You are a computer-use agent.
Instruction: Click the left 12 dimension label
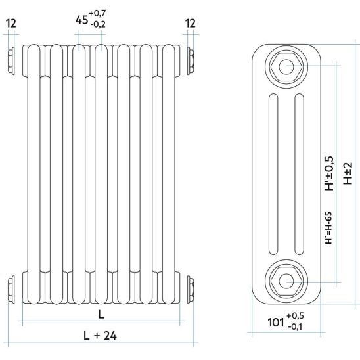(x=11, y=24)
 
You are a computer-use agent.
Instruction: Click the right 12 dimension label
(x=191, y=24)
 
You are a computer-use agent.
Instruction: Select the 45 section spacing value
(x=81, y=20)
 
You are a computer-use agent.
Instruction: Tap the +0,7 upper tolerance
(x=98, y=13)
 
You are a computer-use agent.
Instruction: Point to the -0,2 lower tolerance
(x=98, y=24)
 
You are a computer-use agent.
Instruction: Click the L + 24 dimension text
(x=100, y=336)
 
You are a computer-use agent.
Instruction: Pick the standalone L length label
(x=101, y=314)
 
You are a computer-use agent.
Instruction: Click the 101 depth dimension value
(x=276, y=322)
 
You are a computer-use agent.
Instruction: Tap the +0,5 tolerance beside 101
(x=295, y=316)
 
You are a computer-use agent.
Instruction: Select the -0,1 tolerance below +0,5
(x=296, y=326)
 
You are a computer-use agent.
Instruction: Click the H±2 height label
(x=348, y=173)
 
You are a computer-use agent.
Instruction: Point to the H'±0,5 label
(x=329, y=173)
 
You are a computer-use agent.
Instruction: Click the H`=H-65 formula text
(x=328, y=227)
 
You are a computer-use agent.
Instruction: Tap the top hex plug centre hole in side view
(x=286, y=66)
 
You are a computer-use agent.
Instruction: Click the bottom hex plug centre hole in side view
(x=286, y=281)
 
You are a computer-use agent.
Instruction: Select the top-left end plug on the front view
(x=11, y=61)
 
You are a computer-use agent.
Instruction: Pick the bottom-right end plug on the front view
(x=191, y=288)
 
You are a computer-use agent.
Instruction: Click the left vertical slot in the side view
(x=273, y=174)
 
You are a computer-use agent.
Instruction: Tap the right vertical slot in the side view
(x=299, y=174)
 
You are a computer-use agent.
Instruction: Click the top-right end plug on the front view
(x=191, y=61)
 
